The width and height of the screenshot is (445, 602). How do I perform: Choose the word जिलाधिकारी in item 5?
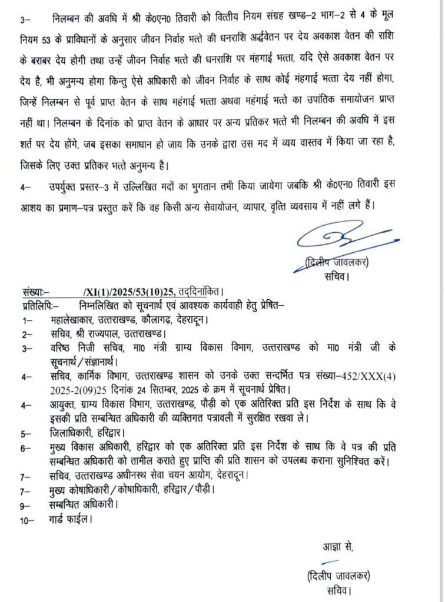[73, 433]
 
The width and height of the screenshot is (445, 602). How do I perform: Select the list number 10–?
[28, 519]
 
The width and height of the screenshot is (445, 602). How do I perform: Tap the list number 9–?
[26, 504]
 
